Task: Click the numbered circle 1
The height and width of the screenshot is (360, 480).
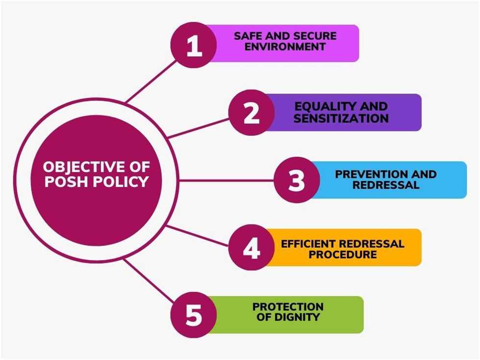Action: (194, 45)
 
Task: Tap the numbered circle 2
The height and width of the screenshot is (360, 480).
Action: (252, 113)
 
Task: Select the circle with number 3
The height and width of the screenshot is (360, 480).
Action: (297, 180)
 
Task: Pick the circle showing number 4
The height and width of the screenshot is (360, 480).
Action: (252, 247)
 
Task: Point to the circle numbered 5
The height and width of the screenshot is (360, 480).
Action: (194, 315)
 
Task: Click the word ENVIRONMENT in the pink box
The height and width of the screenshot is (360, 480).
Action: (285, 47)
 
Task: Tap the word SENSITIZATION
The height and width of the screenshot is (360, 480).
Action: (341, 119)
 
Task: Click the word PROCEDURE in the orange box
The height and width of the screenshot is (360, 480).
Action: (343, 255)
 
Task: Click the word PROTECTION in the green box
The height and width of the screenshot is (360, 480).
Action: (288, 307)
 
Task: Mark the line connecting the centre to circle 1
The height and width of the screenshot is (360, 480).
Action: (151, 81)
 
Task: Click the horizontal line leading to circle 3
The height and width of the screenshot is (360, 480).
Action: (226, 180)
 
